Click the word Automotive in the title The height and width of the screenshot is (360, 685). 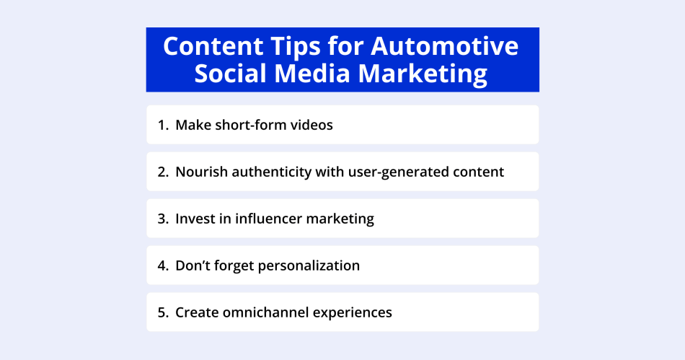point(444,46)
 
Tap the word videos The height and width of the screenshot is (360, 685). point(310,125)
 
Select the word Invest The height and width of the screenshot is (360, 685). point(195,219)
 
